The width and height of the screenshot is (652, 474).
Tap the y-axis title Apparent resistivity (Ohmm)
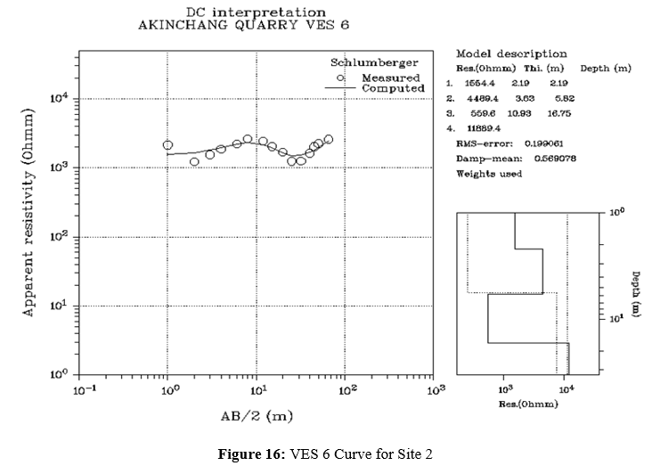[x=29, y=214]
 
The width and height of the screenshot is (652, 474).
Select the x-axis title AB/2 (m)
[x=258, y=416]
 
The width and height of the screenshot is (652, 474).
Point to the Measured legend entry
[x=391, y=78]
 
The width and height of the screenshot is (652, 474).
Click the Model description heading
[x=510, y=53]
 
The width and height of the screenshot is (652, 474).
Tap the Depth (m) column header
[x=605, y=68]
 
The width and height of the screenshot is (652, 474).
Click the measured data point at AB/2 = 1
[x=167, y=144]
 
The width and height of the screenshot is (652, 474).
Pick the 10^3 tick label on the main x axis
[x=436, y=390]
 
